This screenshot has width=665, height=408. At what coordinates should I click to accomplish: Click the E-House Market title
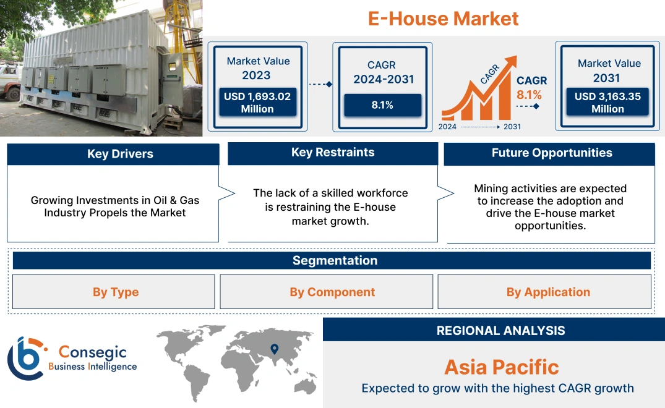[443, 19]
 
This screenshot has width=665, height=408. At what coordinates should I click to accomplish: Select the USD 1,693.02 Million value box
[257, 103]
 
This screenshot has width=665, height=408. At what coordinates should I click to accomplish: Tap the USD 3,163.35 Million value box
[607, 103]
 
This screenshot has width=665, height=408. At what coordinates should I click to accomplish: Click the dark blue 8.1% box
[382, 105]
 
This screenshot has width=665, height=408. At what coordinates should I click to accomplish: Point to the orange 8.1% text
[529, 95]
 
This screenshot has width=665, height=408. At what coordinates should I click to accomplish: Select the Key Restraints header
[333, 153]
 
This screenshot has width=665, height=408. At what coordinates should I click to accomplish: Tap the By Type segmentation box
[115, 292]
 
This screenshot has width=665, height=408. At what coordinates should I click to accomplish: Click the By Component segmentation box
[332, 292]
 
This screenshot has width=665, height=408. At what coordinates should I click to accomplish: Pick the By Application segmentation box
[548, 292]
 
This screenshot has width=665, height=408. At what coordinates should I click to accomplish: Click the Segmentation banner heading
[335, 260]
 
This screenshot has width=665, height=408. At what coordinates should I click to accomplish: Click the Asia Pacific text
[501, 367]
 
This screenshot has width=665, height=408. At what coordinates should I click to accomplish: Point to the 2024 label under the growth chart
[448, 127]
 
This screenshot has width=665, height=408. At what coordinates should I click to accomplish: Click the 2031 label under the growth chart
[512, 127]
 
